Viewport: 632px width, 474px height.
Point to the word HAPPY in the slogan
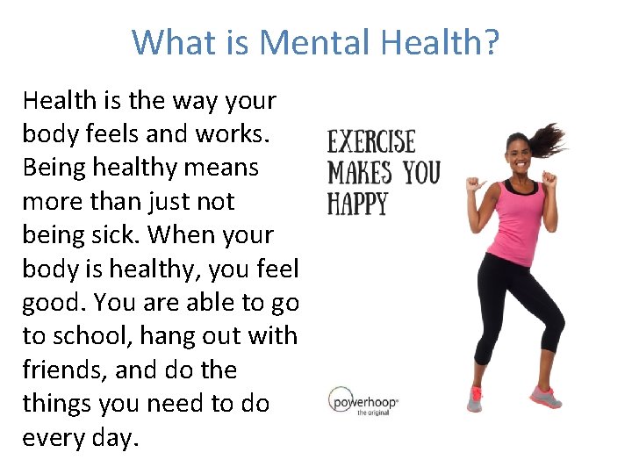point(357,204)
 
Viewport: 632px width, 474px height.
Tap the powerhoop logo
point(363,403)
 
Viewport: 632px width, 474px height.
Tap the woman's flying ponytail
point(550,140)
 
